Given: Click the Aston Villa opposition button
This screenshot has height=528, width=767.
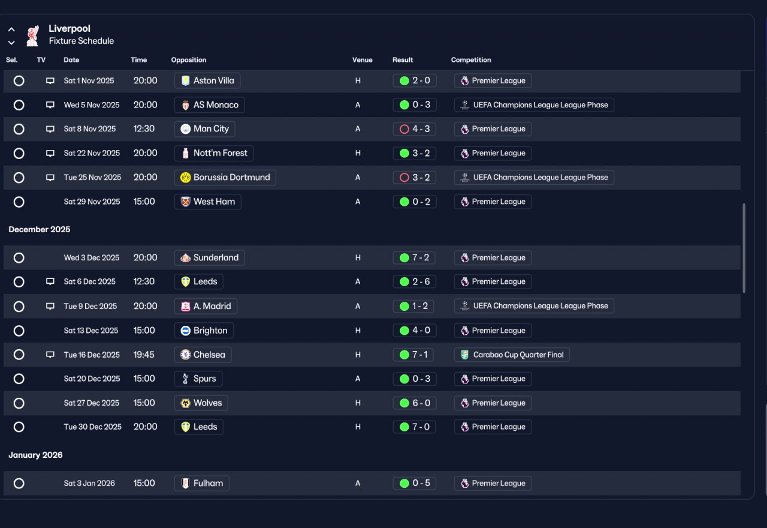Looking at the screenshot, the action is coord(207,80).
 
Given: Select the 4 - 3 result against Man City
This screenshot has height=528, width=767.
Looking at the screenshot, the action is coord(414,129).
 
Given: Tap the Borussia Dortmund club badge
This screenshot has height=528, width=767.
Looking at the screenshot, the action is coord(185,178).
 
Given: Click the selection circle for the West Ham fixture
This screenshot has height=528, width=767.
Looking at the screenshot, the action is coord(19,202).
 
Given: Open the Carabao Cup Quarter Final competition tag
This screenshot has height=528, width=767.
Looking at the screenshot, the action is coord(512,355).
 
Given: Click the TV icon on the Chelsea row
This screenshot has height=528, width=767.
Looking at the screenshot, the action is coord(50,355).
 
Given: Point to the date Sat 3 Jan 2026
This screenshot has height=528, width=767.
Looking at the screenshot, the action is coord(89,483).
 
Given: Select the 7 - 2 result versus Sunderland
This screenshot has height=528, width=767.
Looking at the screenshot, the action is coord(414,257).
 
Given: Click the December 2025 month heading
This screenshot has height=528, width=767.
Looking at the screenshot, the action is coord(40,229).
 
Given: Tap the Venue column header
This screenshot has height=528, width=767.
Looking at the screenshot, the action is coord(363,59).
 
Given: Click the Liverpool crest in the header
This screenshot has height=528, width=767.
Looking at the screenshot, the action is coord(33,35).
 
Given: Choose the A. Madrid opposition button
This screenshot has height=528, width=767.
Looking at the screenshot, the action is coord(206,306).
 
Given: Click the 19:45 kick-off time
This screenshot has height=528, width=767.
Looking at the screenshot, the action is coord(144,355).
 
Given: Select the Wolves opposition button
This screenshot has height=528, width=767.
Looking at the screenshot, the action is coord(201,403).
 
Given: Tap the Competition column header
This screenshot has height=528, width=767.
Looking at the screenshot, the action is coord(471,59).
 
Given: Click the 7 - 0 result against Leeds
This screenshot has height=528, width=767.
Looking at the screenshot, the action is coord(414,427).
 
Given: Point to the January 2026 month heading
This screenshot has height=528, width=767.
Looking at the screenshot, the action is coord(35,455).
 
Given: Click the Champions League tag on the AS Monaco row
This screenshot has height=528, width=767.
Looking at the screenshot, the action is coord(534,105).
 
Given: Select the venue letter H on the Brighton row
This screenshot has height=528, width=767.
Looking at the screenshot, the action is coord(358,331).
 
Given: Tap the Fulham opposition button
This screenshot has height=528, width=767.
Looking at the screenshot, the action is coord(202,483).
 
